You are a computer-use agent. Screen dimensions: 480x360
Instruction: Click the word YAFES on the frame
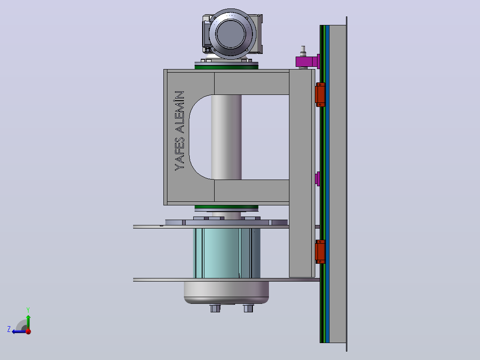tap(179, 154)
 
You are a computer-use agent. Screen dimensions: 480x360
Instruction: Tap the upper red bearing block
tap(320, 94)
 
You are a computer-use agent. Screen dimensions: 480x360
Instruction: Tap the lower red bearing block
tap(320, 252)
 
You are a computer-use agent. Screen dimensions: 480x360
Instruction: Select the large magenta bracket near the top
tap(308, 61)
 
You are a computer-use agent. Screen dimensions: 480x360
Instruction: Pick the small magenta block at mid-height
tap(317, 179)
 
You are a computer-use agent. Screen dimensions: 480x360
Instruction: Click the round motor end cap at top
tap(232, 34)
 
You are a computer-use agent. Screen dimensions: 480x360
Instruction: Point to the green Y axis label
tap(28, 310)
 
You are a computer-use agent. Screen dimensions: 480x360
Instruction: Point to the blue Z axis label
tap(9, 329)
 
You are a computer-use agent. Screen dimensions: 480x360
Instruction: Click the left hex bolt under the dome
tap(215, 308)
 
